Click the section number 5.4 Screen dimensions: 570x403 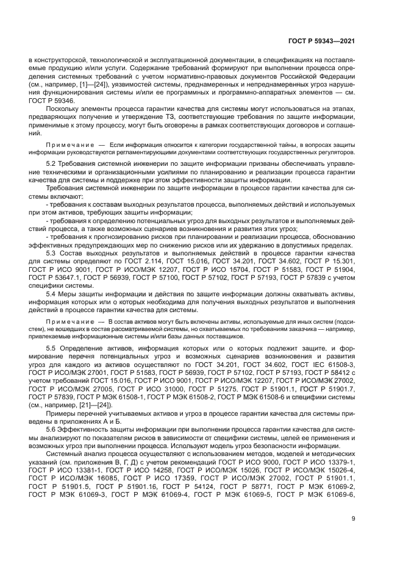click(51, 293)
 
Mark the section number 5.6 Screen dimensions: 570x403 click(51, 428)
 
